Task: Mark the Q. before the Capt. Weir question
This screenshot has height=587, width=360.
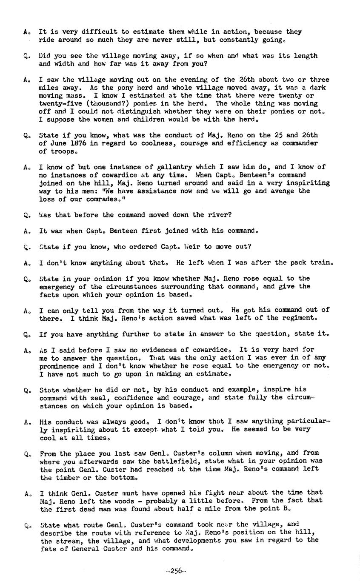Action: (x=27, y=247)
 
